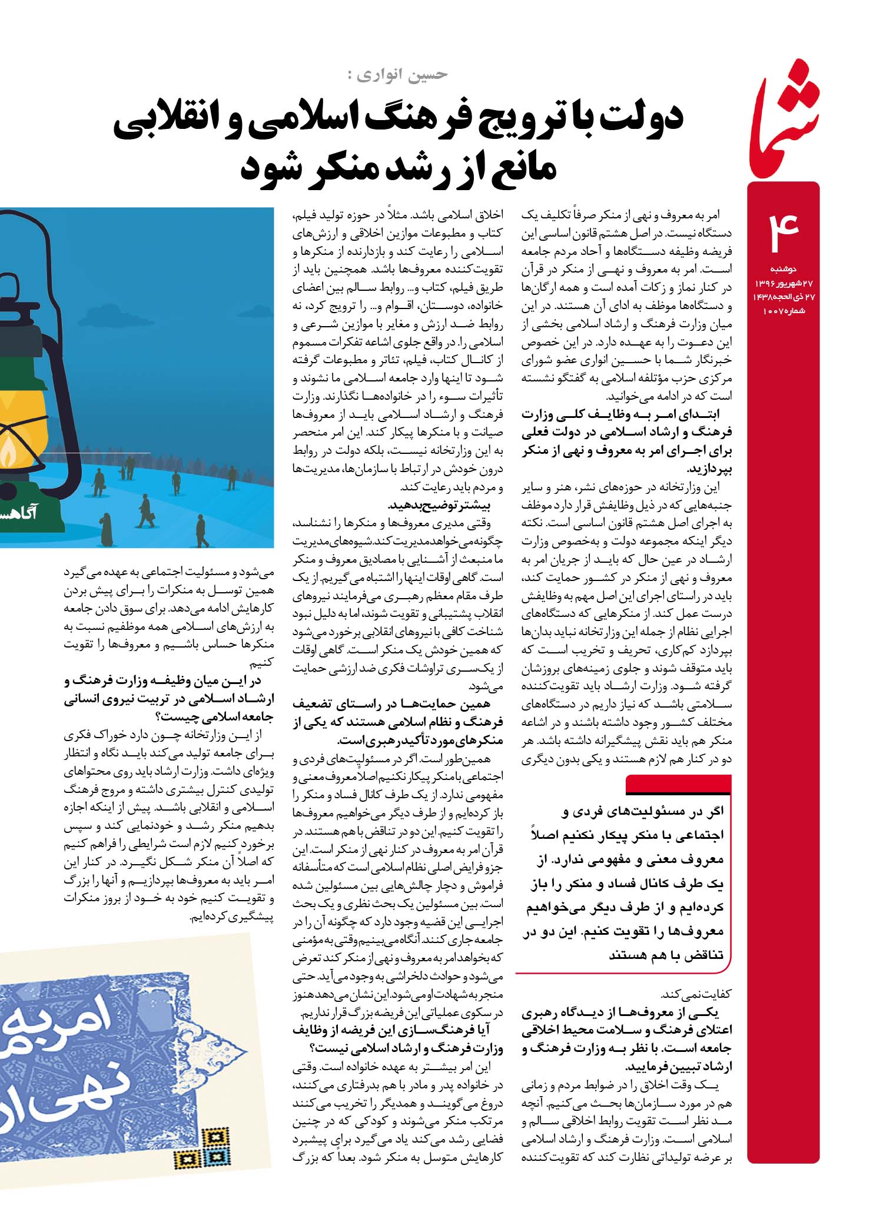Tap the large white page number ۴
783,231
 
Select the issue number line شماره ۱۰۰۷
779,310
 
